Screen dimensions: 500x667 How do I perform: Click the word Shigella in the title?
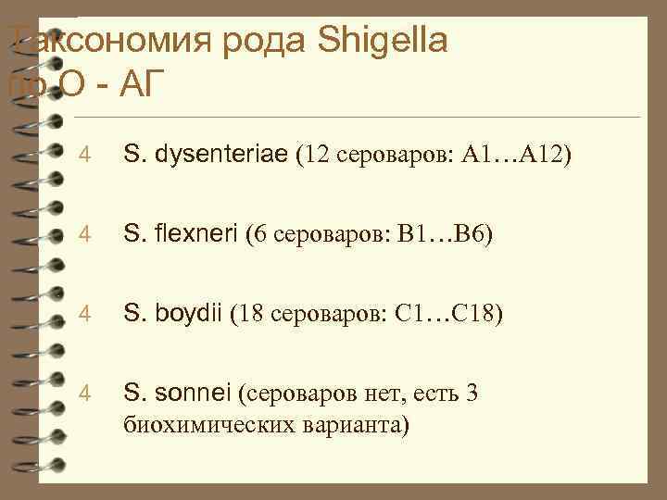(384, 41)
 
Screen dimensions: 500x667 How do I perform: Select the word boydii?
(192, 314)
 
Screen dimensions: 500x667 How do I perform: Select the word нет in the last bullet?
(363, 394)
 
